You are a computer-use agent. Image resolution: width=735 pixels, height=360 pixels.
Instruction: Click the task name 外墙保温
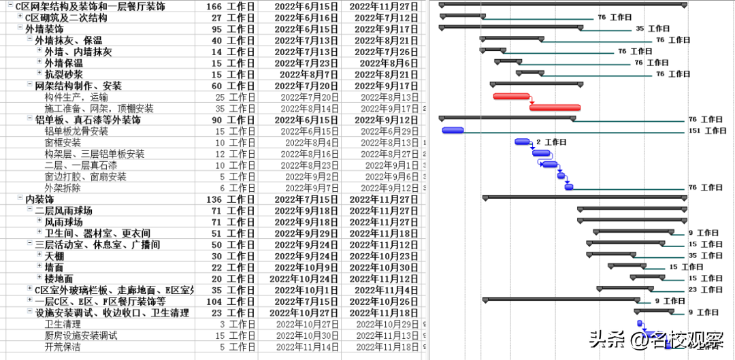pyautogui.click(x=64, y=63)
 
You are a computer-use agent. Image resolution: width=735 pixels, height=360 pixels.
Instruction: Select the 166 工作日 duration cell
pyautogui.click(x=230, y=6)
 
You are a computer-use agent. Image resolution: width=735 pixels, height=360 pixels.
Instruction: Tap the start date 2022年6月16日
pyautogui.click(x=306, y=18)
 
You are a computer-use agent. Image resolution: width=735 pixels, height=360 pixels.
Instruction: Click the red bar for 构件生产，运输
pyautogui.click(x=511, y=96)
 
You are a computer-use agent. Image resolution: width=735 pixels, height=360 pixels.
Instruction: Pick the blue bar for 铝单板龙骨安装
pyautogui.click(x=453, y=130)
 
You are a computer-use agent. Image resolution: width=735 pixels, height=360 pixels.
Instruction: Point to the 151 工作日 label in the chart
pyautogui.click(x=707, y=131)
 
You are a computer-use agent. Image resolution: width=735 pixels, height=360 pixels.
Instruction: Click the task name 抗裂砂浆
pyautogui.click(x=64, y=74)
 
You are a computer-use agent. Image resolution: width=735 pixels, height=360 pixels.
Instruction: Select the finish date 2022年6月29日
pyautogui.click(x=389, y=131)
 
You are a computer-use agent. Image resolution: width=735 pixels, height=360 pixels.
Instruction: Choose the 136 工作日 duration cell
pyautogui.click(x=230, y=199)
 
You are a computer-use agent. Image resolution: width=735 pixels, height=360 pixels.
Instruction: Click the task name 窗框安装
pyautogui.click(x=63, y=143)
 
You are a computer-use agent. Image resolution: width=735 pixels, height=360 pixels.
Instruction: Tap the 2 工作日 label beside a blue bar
pyautogui.click(x=551, y=142)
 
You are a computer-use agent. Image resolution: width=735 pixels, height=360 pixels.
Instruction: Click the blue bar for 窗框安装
pyautogui.click(x=522, y=142)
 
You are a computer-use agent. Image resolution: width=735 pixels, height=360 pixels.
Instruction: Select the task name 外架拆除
pyautogui.click(x=63, y=188)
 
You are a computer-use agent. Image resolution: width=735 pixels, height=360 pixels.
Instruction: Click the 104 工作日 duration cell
pyautogui.click(x=230, y=301)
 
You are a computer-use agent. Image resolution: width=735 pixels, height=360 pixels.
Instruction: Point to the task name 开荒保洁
pyautogui.click(x=63, y=347)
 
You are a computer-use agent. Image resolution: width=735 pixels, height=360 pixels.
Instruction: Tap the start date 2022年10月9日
pyautogui.click(x=306, y=267)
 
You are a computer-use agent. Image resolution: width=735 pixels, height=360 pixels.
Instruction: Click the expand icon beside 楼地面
pyautogui.click(x=39, y=278)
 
